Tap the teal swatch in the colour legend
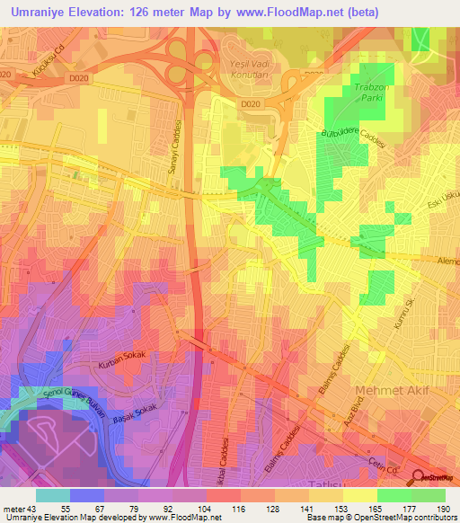[52, 494]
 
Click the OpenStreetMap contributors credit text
[396, 518]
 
